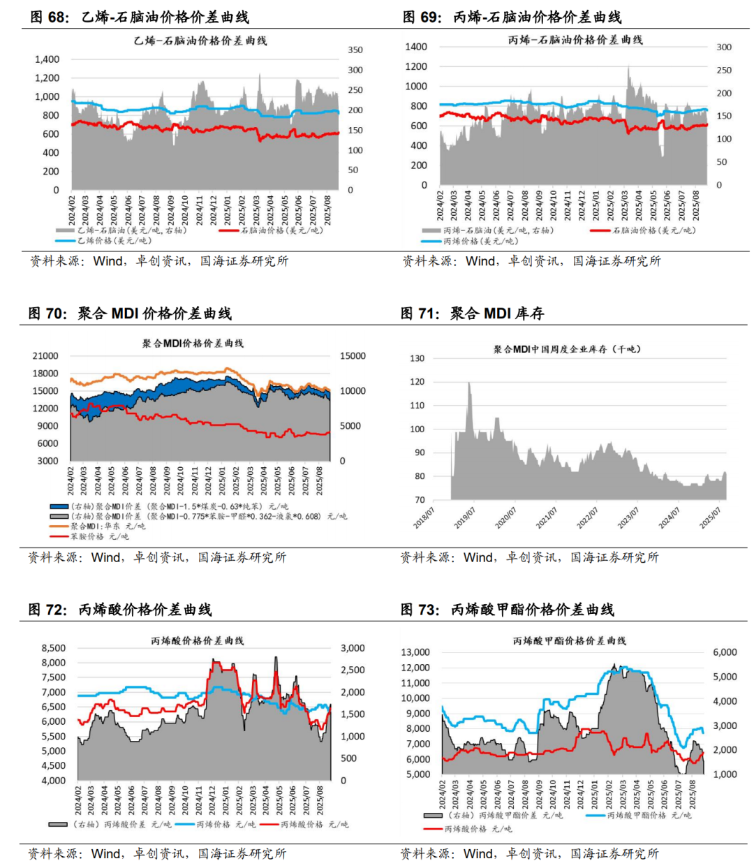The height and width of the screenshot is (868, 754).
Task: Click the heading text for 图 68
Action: pos(140,17)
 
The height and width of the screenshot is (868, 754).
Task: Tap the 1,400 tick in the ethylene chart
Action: pos(47,59)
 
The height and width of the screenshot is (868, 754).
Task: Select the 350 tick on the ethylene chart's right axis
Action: pos(355,50)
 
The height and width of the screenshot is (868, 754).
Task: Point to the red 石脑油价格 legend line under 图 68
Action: pos(229,230)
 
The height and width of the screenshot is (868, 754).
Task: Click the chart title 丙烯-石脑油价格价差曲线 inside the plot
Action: pos(575,40)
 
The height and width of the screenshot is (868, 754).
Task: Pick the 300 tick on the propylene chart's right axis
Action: pos(724,47)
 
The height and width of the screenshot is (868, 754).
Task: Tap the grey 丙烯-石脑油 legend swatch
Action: pos(431,230)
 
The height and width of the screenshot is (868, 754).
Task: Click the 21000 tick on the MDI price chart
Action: pos(45,356)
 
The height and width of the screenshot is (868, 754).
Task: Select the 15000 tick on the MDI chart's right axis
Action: pos(353,356)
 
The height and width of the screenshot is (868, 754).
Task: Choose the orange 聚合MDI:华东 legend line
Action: pos(59,526)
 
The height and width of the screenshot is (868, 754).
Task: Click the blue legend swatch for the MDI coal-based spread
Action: pos(59,506)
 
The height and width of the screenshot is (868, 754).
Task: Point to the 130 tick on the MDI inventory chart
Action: pos(417,358)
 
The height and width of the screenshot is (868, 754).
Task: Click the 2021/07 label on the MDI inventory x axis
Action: pos(547,517)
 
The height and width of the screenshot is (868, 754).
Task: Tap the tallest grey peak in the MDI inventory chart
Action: pos(469,383)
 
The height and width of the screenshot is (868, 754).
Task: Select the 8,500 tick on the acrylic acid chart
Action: pos(54,648)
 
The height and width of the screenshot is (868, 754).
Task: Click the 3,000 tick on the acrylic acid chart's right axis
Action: pos(353,648)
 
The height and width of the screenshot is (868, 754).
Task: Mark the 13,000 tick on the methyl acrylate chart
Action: pos(415,652)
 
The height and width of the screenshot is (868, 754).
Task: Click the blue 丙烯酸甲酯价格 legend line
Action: pos(596,815)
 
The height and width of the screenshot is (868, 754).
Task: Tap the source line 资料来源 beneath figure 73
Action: pos(528,853)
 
